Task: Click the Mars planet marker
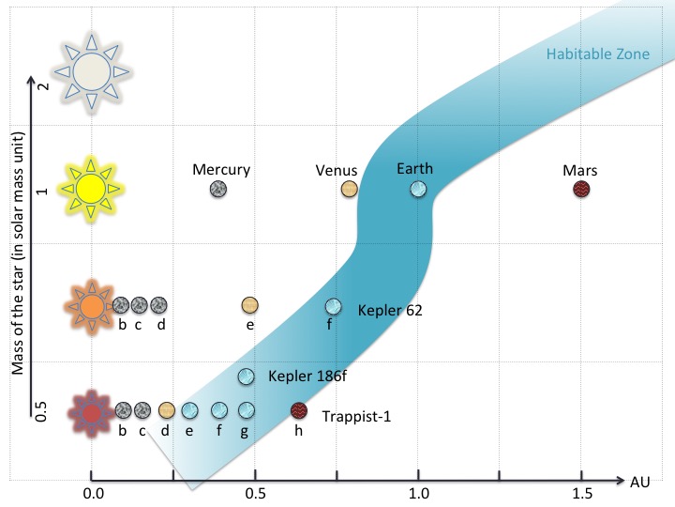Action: [x=581, y=190]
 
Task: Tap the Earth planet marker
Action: [x=418, y=190]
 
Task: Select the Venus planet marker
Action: [x=349, y=190]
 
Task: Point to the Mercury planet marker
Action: [x=217, y=190]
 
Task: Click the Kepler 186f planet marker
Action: [x=246, y=376]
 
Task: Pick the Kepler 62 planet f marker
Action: [x=333, y=307]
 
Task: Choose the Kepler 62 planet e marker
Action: [x=249, y=305]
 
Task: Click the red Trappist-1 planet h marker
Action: [x=299, y=410]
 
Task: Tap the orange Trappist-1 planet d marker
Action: [x=166, y=410]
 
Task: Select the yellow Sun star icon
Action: [x=90, y=188]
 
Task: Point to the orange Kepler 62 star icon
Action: [x=91, y=305]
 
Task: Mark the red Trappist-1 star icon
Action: [x=91, y=411]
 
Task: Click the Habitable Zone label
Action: [x=597, y=54]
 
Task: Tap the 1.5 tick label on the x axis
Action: [x=581, y=491]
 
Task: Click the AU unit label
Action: [x=640, y=482]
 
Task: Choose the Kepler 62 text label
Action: [x=389, y=310]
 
